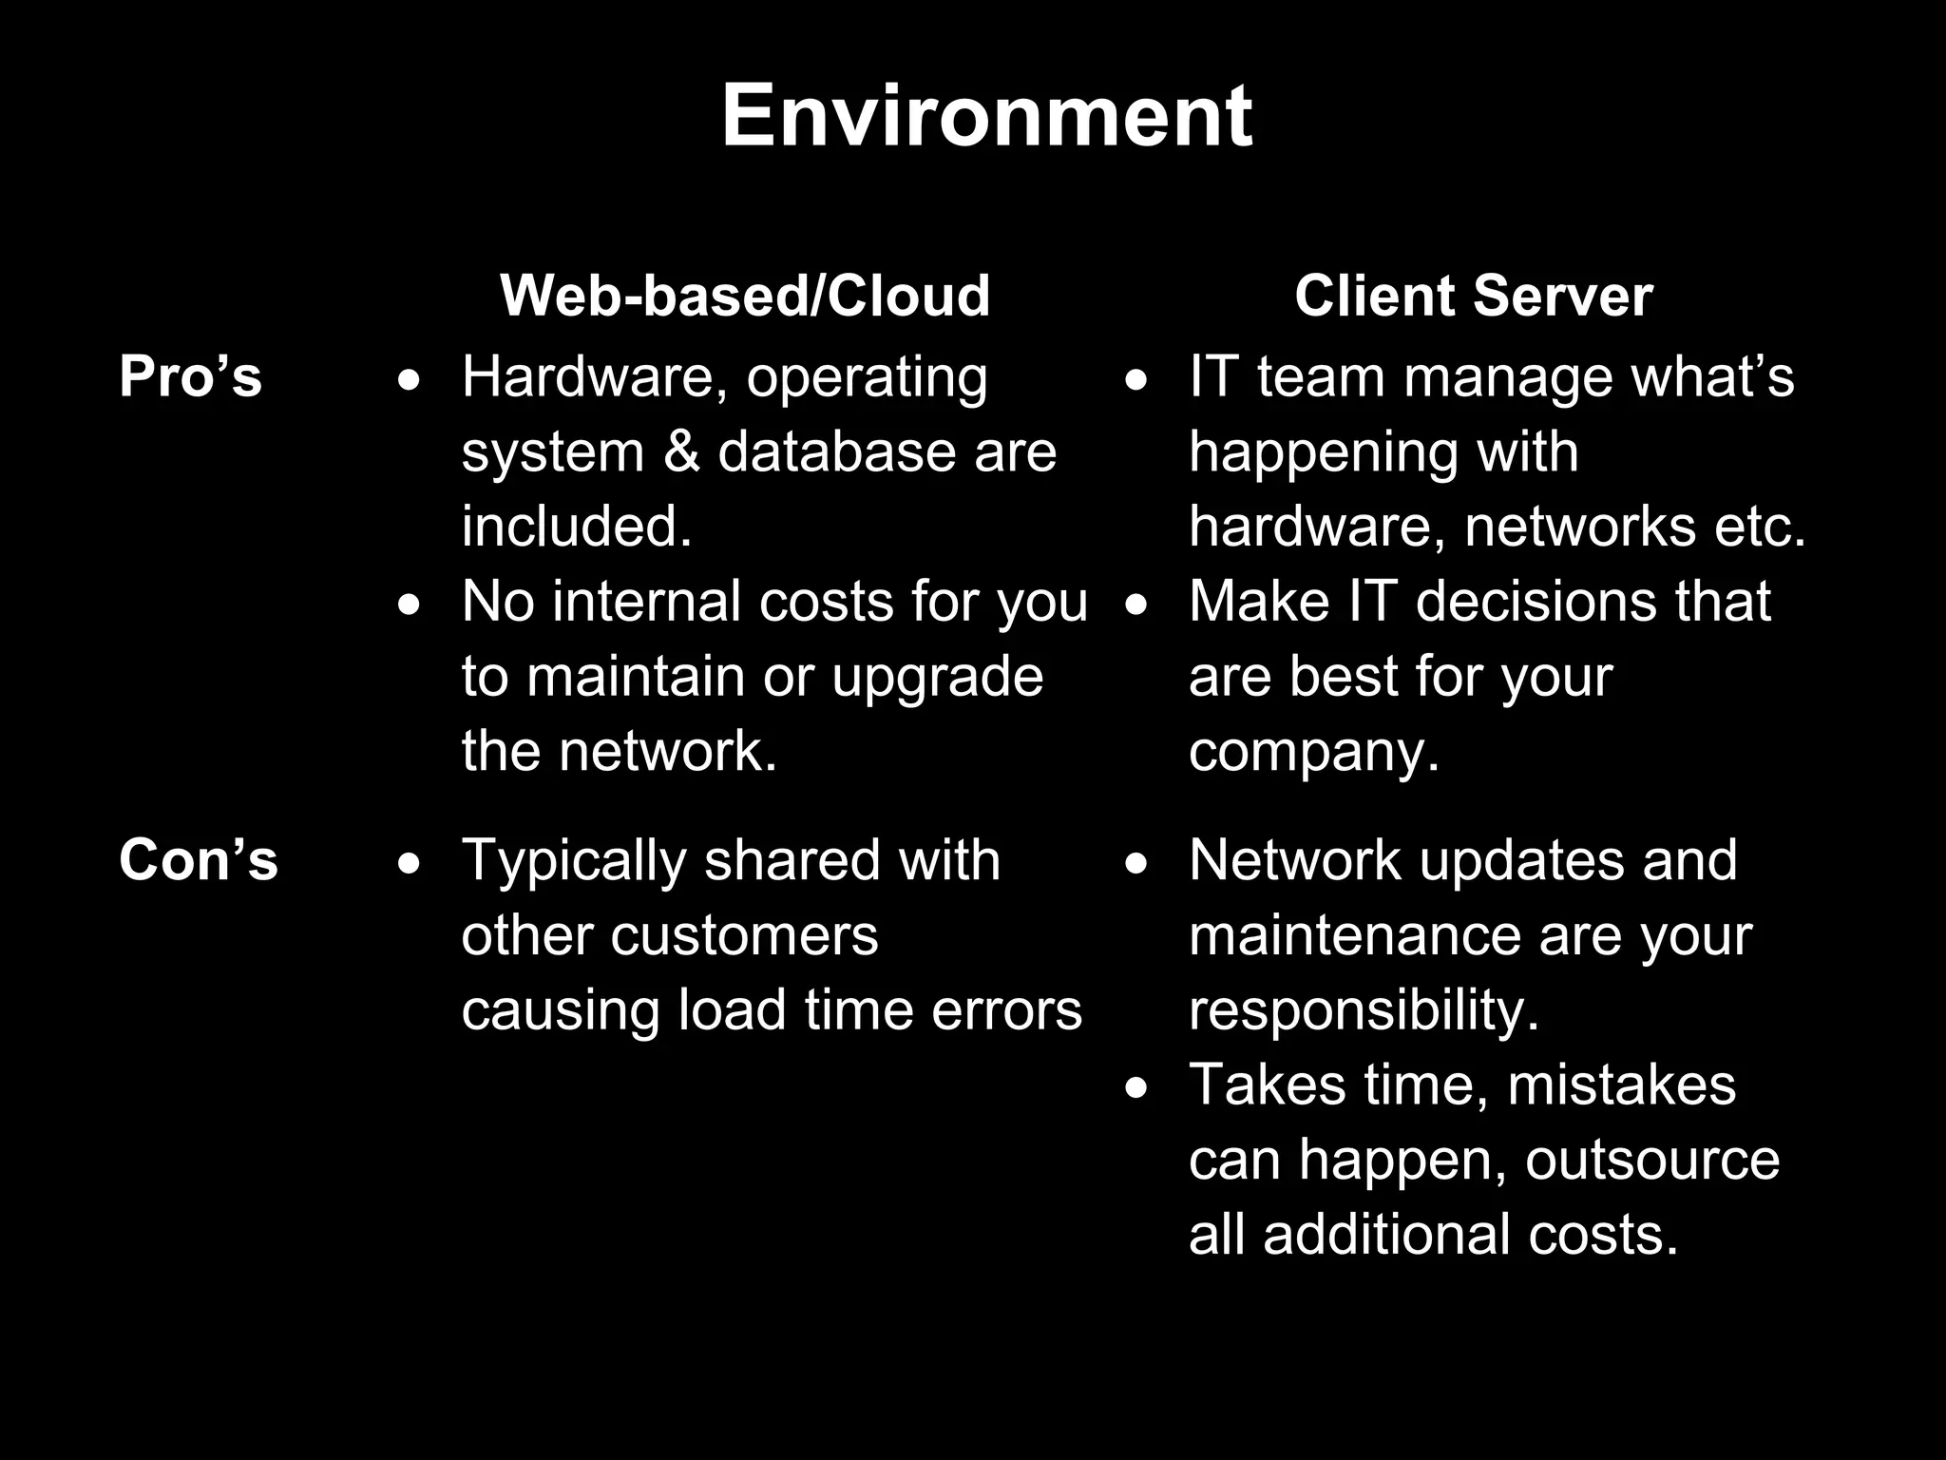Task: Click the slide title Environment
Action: click(x=986, y=116)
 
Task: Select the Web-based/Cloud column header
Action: click(x=745, y=296)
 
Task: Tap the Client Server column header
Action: click(x=1473, y=296)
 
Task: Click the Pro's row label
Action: click(x=190, y=376)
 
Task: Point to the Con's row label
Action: click(x=198, y=860)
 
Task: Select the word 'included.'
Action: click(x=577, y=526)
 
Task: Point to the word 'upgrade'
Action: click(x=937, y=678)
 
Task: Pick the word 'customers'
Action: click(x=744, y=935)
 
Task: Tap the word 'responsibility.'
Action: click(x=1364, y=1010)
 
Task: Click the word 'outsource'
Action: click(x=1652, y=1161)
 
